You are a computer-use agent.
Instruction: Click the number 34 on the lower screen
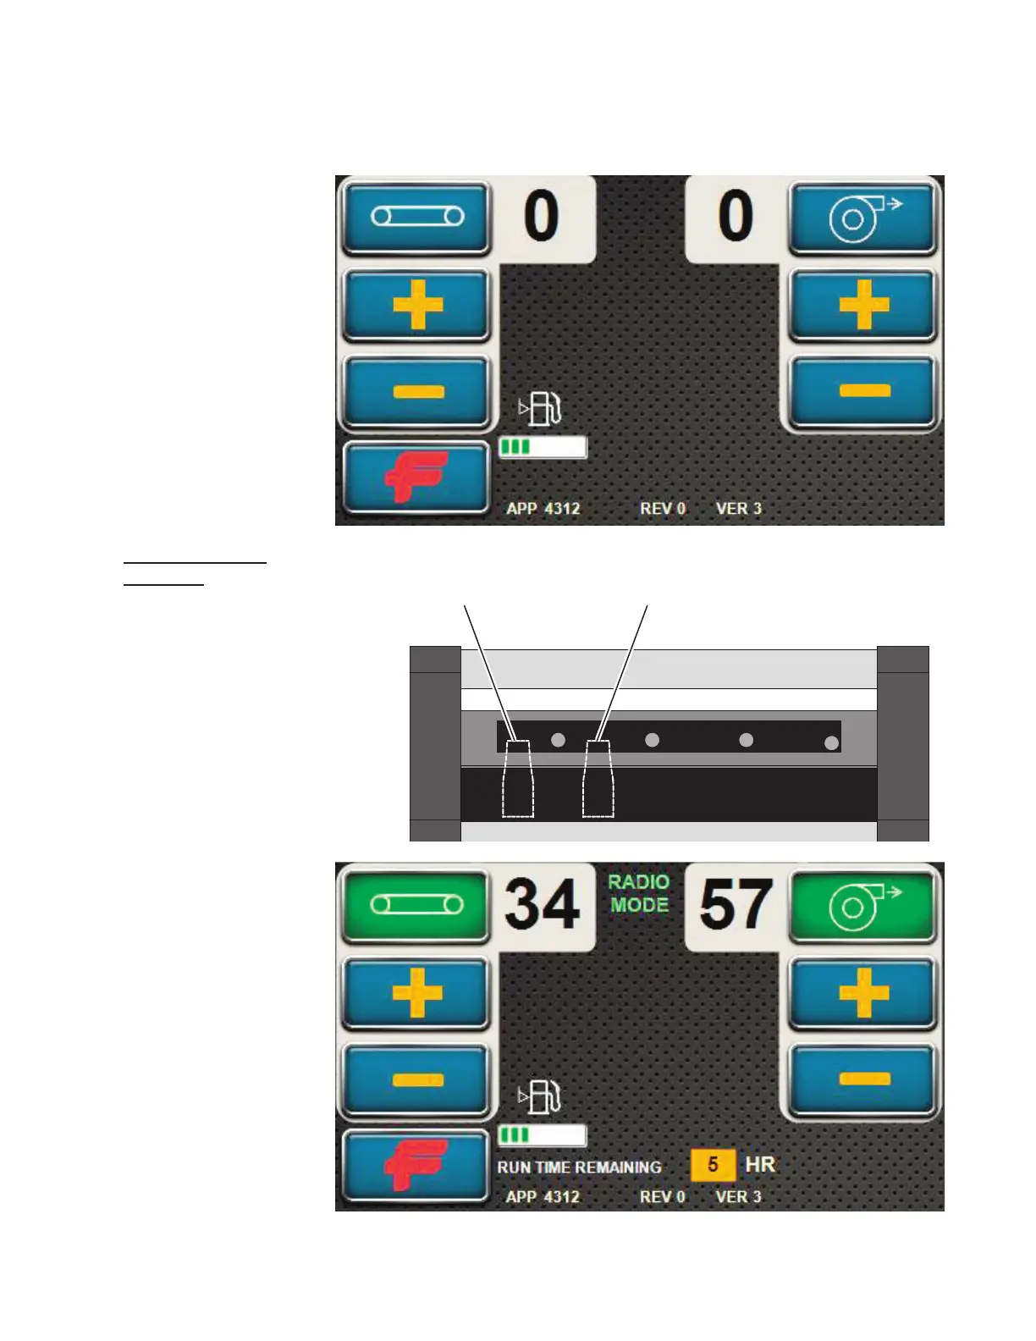point(543,904)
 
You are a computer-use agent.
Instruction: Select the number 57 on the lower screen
point(736,904)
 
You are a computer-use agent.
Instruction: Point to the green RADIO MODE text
point(639,893)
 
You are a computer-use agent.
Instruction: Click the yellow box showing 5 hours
point(713,1165)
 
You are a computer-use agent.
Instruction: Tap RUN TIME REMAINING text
point(579,1167)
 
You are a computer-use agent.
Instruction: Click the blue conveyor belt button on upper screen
point(416,217)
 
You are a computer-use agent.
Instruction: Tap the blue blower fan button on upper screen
point(862,217)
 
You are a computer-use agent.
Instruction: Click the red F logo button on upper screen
point(416,477)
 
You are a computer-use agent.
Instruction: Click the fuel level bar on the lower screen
point(542,1134)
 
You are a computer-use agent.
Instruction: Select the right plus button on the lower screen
point(862,992)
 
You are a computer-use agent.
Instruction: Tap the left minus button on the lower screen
point(416,1079)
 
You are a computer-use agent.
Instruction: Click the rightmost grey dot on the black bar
point(832,742)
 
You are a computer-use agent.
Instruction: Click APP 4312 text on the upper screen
point(543,509)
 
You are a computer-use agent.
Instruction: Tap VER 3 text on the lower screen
point(738,1196)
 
